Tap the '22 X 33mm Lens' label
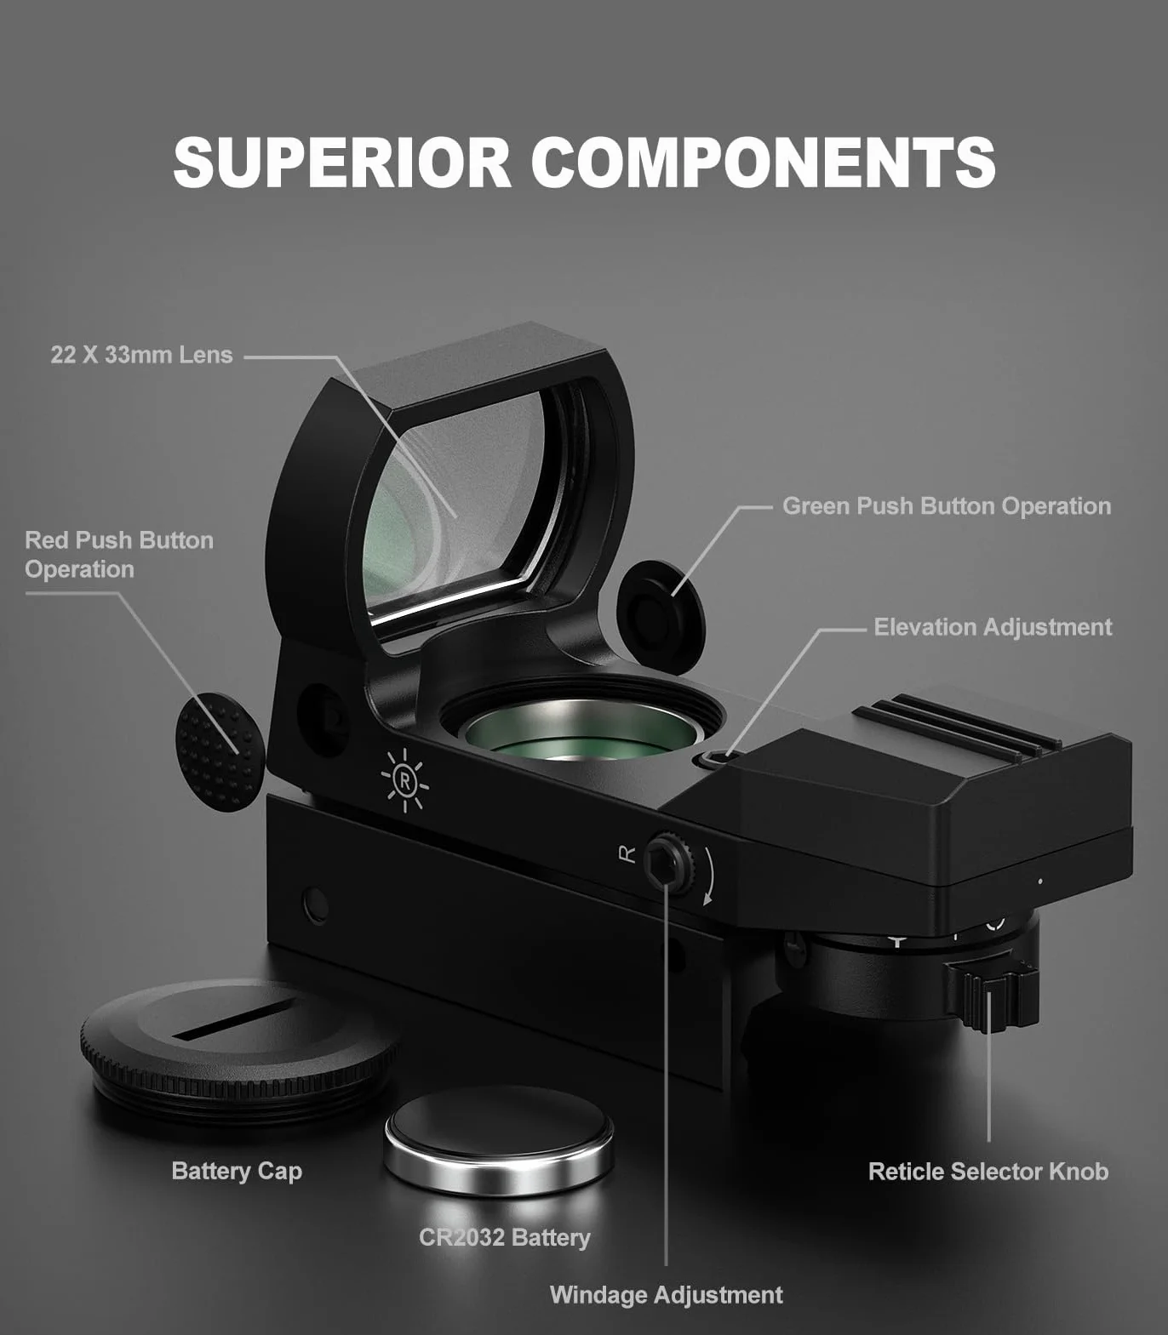point(141,355)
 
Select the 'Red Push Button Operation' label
point(119,555)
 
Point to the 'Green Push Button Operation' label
point(947,506)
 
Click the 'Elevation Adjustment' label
point(993,627)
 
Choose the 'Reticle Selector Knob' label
point(988,1172)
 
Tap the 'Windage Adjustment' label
point(666,1295)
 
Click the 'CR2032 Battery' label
point(505,1237)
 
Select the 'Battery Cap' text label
point(237,1172)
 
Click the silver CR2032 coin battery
point(499,1139)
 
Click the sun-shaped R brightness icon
point(404,779)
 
